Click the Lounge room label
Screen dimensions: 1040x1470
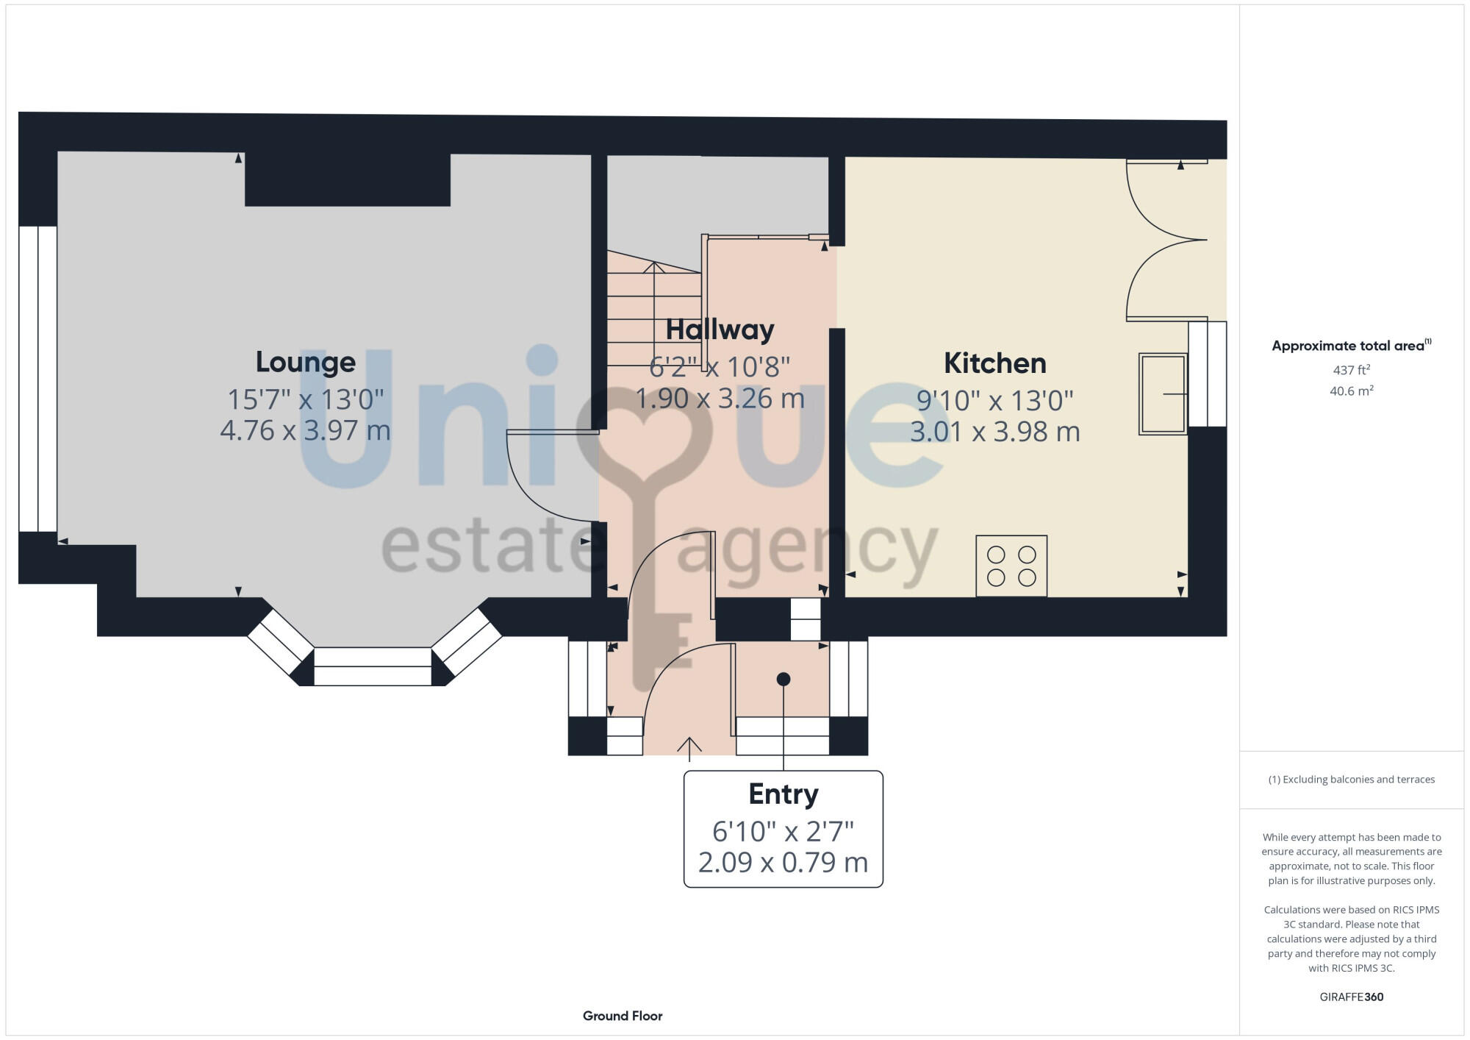pyautogui.click(x=306, y=362)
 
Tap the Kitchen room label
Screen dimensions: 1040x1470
pyautogui.click(x=994, y=363)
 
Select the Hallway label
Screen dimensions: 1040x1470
pyautogui.click(x=720, y=330)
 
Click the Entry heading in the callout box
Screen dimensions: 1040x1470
pyautogui.click(x=783, y=794)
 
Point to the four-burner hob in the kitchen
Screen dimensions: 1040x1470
pyautogui.click(x=1011, y=566)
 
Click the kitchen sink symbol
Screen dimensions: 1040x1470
pyautogui.click(x=1163, y=393)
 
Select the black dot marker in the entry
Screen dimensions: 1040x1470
pyautogui.click(x=784, y=679)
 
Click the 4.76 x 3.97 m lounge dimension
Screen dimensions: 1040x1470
pyautogui.click(x=306, y=430)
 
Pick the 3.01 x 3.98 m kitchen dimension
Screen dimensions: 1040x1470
pyautogui.click(x=994, y=432)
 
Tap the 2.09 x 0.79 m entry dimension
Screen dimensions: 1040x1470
pyautogui.click(x=783, y=862)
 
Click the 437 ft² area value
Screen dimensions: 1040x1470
pyautogui.click(x=1351, y=370)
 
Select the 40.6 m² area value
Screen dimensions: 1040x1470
pyautogui.click(x=1351, y=391)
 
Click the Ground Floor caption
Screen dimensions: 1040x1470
pyautogui.click(x=623, y=1016)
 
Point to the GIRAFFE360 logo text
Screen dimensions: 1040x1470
pyautogui.click(x=1351, y=997)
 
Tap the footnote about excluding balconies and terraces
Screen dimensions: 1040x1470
pyautogui.click(x=1351, y=780)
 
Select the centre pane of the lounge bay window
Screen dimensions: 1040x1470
pyautogui.click(x=373, y=666)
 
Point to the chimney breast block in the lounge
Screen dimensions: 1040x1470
pyautogui.click(x=347, y=180)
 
